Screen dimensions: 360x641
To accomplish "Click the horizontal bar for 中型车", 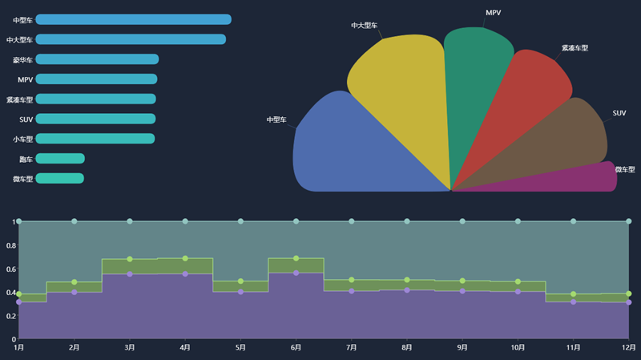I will pyautogui.click(x=133, y=19).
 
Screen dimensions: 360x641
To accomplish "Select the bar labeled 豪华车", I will pyautogui.click(x=97, y=59).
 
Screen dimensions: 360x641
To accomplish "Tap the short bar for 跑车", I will pyautogui.click(x=60, y=159).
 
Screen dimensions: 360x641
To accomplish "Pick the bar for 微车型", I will pyautogui.click(x=59, y=178).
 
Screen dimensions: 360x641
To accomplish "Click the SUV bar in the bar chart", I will pyautogui.click(x=95, y=119).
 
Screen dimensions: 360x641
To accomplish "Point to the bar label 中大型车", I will pyautogui.click(x=19, y=39).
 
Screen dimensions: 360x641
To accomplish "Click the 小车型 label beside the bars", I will pyautogui.click(x=22, y=139).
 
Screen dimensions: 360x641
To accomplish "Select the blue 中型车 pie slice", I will pyautogui.click(x=353, y=148).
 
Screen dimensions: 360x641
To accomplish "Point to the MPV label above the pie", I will pyautogui.click(x=494, y=13).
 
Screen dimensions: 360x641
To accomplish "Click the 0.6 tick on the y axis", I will pyautogui.click(x=10, y=269).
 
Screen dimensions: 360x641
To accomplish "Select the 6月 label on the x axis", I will pyautogui.click(x=296, y=348).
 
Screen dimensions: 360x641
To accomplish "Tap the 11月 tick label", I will pyautogui.click(x=573, y=348).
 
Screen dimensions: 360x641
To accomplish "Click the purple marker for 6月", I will pyautogui.click(x=296, y=273).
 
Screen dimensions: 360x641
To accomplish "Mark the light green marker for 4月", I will pyautogui.click(x=185, y=259).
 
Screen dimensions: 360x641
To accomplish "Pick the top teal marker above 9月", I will pyautogui.click(x=462, y=221).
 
